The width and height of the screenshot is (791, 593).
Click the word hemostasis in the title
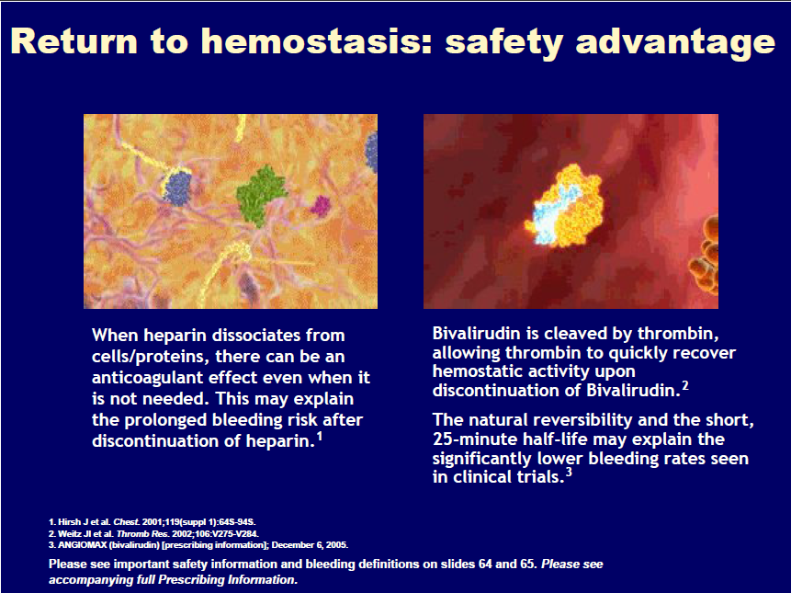click(x=316, y=40)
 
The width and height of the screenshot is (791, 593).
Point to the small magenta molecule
click(x=321, y=205)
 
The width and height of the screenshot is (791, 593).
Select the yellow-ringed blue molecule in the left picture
click(x=177, y=187)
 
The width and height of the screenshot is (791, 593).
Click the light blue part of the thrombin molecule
click(x=556, y=215)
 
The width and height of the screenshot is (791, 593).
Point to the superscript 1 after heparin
click(x=320, y=436)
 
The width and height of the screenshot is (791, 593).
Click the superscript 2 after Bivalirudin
click(x=685, y=386)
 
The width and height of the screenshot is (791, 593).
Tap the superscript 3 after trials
click(x=569, y=473)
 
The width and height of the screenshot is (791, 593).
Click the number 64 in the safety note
click(x=483, y=564)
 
